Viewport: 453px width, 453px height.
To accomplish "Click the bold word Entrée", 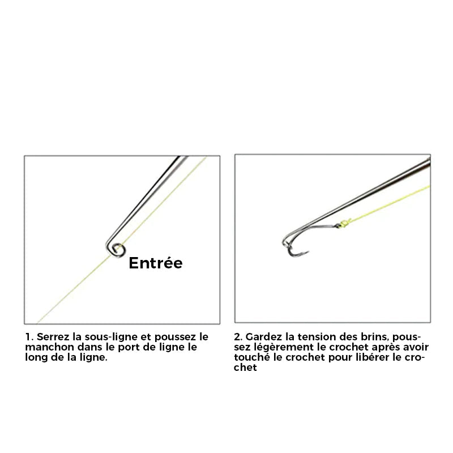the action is coord(155,263).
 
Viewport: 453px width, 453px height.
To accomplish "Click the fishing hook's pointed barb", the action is coord(307,253).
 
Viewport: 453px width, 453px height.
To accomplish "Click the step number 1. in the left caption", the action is coord(29,337).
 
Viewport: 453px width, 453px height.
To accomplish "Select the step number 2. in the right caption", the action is coord(238,337).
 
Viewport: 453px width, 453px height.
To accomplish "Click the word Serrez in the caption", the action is coord(53,337).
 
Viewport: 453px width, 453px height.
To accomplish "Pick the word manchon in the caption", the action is coord(49,347).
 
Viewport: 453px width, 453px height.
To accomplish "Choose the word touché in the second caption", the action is coord(252,357).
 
